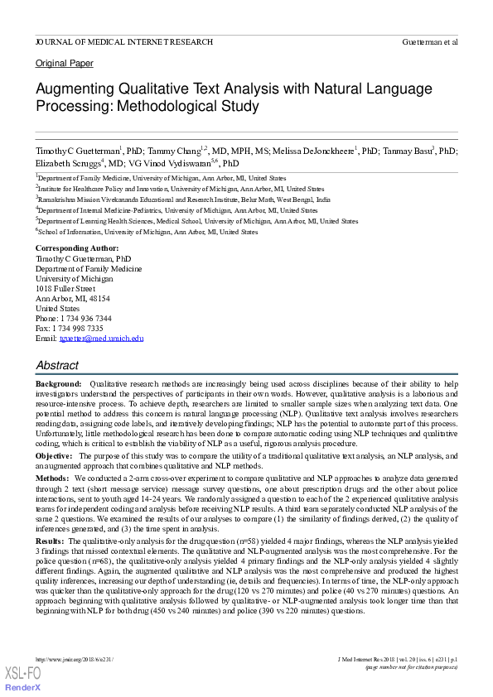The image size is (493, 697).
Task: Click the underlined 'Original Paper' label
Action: [x=65, y=64]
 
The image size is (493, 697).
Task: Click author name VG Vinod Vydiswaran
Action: [x=169, y=164]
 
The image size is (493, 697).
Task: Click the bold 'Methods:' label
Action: [x=52, y=478]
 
